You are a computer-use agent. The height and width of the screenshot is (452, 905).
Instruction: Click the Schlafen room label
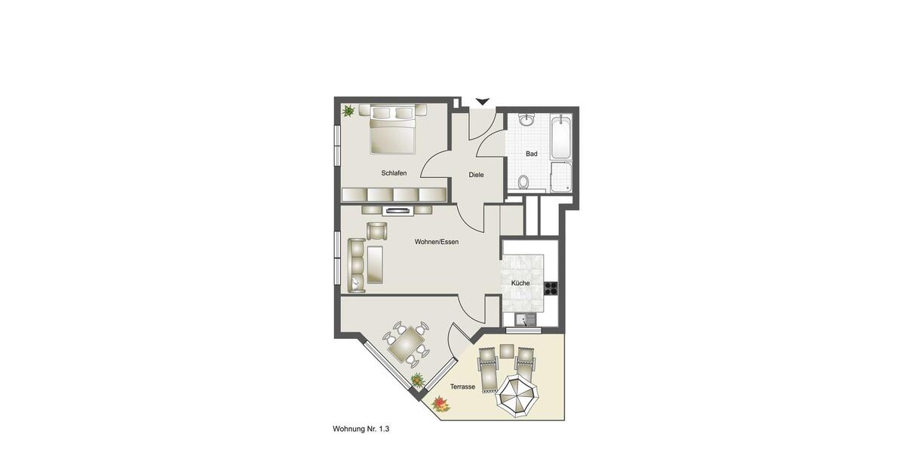pos(394,173)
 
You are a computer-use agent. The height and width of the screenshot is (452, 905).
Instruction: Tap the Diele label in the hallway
pos(476,175)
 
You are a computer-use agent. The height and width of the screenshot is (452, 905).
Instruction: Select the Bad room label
pos(532,154)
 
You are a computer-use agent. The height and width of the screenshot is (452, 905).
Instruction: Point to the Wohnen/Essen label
pos(436,242)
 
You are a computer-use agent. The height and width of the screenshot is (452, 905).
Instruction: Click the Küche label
pos(520,283)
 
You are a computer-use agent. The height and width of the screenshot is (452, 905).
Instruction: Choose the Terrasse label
pos(462,386)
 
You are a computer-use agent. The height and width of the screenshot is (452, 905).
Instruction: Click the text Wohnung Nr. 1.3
pos(360,429)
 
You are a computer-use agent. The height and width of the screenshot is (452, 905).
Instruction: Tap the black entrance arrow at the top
pos(483,102)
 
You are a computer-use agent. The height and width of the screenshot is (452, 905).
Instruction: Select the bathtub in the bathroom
pos(561,136)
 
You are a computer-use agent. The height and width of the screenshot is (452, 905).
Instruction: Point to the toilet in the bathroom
pos(523,182)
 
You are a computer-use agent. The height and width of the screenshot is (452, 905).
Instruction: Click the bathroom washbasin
pos(526,120)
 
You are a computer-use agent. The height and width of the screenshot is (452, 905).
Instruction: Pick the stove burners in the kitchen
pos(551,286)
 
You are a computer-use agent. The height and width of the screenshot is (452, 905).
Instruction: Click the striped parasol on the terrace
pos(517,395)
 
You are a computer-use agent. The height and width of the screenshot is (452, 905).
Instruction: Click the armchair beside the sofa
pos(376,231)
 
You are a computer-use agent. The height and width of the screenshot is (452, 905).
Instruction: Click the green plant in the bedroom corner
pos(348,111)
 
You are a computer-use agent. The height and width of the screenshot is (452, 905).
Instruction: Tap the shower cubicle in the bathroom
pos(561,177)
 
